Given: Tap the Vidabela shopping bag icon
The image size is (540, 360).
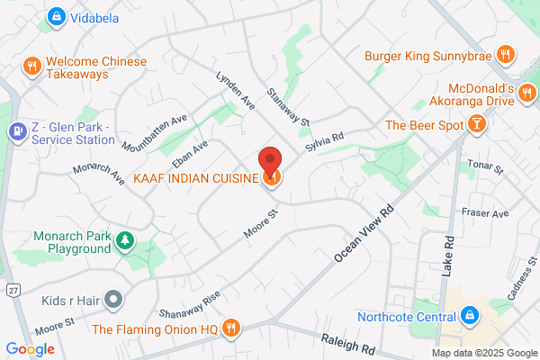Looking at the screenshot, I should click(57, 16).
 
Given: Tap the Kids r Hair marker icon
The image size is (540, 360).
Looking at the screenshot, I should click(113, 298).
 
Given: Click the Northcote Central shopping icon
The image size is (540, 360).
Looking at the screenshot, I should click(468, 315).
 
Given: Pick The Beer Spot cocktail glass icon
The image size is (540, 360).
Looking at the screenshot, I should click(472, 125).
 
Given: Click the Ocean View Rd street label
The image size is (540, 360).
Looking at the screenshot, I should click(365, 231).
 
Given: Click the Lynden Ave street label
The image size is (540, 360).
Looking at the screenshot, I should click(231, 86).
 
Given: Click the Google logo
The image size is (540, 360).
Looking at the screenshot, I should click(30, 348).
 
